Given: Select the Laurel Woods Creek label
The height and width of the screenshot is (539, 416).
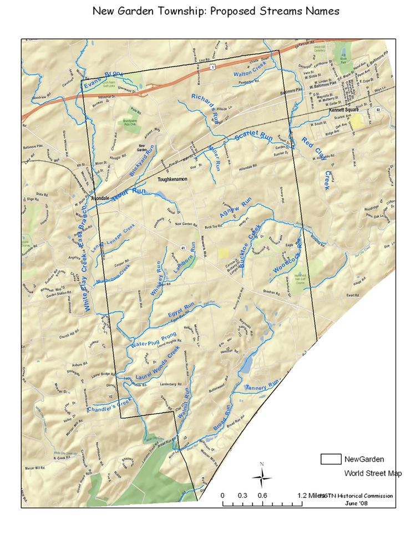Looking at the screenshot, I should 158,366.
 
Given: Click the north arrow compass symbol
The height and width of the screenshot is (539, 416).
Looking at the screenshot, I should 262,476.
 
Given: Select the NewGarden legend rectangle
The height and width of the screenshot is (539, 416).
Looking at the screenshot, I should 331,459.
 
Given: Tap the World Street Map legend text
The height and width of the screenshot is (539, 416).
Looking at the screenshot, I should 373,473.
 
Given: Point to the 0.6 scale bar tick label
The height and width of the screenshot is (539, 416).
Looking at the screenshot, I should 262,496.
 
